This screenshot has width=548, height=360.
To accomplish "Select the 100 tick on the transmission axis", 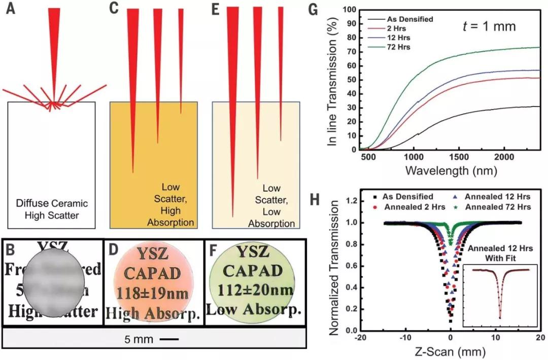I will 348,9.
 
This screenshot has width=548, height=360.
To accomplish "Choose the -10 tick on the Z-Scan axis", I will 404,337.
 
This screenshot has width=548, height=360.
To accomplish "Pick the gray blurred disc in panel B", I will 53,281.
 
